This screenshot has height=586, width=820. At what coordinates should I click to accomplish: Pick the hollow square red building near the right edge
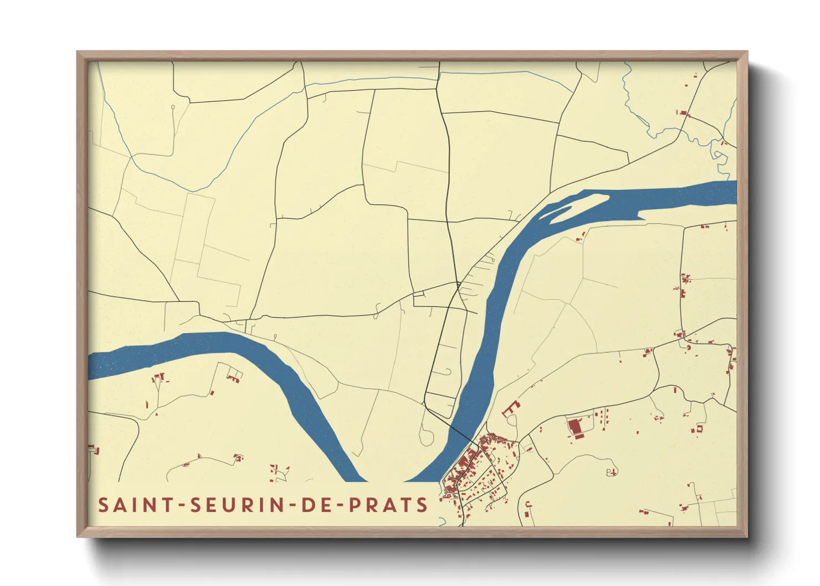699,428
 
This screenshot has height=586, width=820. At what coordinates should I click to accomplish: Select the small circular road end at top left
173,107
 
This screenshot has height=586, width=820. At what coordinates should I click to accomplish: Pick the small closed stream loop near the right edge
719,156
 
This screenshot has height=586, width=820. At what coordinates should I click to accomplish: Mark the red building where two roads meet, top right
683,113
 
